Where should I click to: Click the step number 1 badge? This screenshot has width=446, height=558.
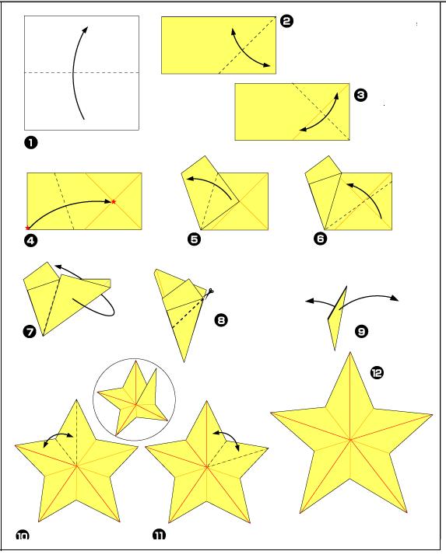[30, 143]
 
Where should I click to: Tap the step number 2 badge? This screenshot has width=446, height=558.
[286, 21]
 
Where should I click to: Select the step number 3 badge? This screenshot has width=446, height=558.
[361, 95]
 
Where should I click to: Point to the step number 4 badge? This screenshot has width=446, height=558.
[30, 241]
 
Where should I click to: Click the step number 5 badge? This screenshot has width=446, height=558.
[194, 239]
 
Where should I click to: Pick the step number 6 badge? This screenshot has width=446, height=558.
[320, 239]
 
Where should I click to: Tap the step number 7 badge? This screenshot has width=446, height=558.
[30, 332]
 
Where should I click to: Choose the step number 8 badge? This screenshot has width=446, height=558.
[221, 320]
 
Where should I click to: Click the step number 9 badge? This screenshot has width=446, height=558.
[361, 332]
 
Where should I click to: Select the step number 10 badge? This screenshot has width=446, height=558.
[23, 535]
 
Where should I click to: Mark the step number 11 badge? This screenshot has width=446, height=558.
[159, 535]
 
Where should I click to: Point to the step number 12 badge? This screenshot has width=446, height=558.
[377, 373]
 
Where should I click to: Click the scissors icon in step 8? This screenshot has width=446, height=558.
[209, 292]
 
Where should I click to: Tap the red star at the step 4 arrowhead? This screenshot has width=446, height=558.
[114, 202]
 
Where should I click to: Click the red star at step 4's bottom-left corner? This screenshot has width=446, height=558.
[27, 228]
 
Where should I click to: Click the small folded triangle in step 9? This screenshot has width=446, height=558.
[337, 319]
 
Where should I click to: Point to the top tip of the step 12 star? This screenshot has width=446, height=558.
[349, 352]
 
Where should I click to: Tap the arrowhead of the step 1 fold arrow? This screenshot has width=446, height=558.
[86, 30]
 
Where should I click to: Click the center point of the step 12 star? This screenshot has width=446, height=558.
[350, 440]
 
